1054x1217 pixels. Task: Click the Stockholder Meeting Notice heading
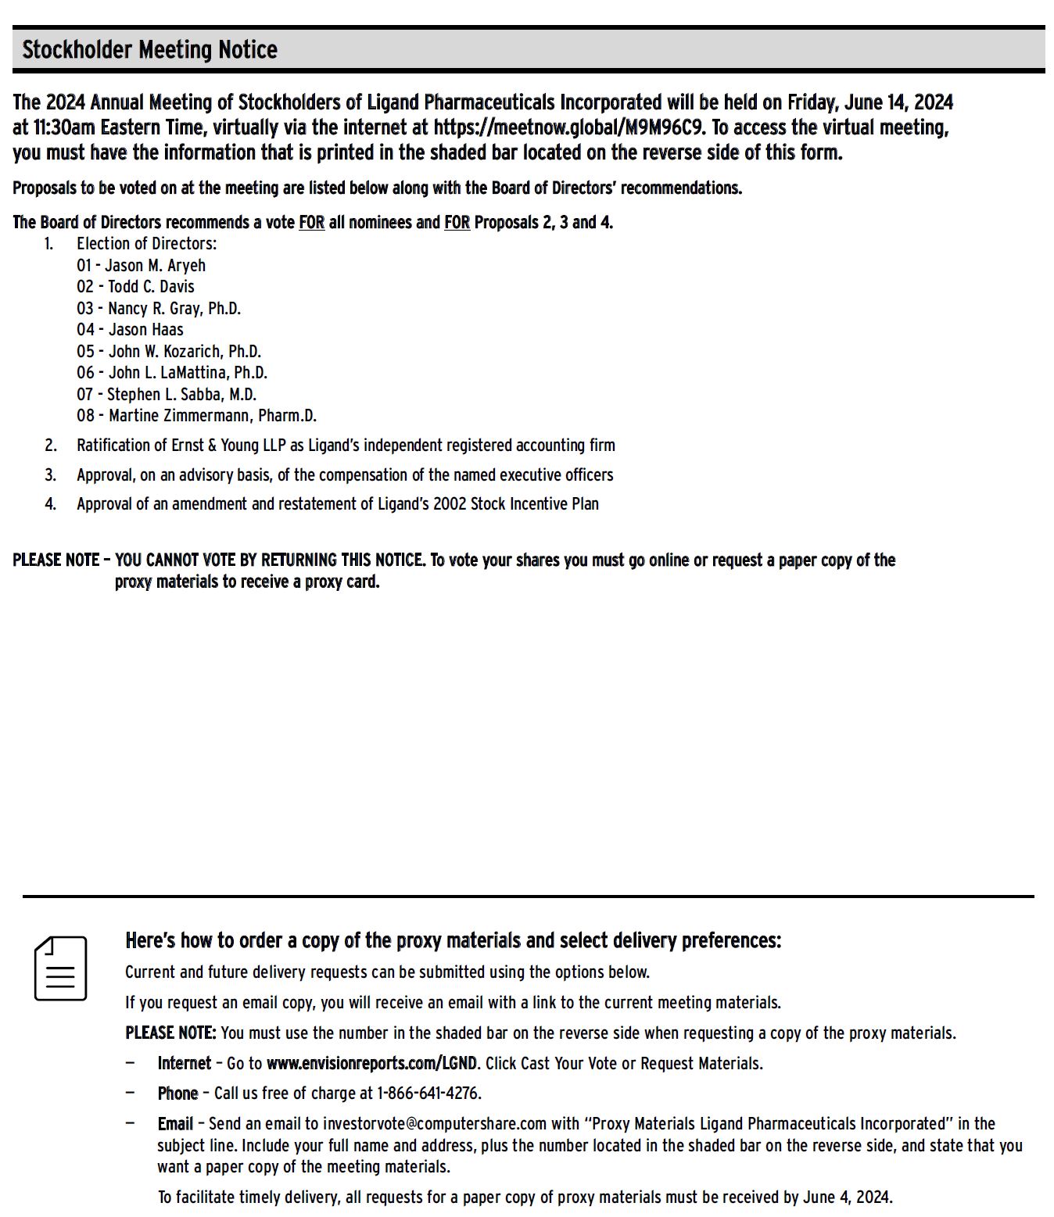tap(149, 50)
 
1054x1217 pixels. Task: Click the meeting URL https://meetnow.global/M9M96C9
tap(568, 127)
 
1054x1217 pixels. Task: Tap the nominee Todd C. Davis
tap(151, 287)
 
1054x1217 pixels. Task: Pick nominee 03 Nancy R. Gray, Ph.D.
tap(174, 309)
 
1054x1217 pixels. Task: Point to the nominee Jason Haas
tap(145, 330)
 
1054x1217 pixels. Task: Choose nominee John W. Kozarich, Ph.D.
tap(185, 352)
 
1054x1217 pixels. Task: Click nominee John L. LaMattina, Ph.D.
tap(188, 373)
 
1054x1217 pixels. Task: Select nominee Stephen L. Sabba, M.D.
tap(181, 395)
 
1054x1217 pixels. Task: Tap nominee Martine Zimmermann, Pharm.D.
tap(212, 416)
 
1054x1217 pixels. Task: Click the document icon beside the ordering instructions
tap(60, 968)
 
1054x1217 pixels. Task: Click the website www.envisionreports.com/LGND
tap(371, 1064)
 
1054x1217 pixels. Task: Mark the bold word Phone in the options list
tap(177, 1094)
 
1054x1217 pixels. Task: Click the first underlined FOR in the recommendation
tap(311, 223)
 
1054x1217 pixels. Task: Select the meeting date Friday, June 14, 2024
tap(869, 102)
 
